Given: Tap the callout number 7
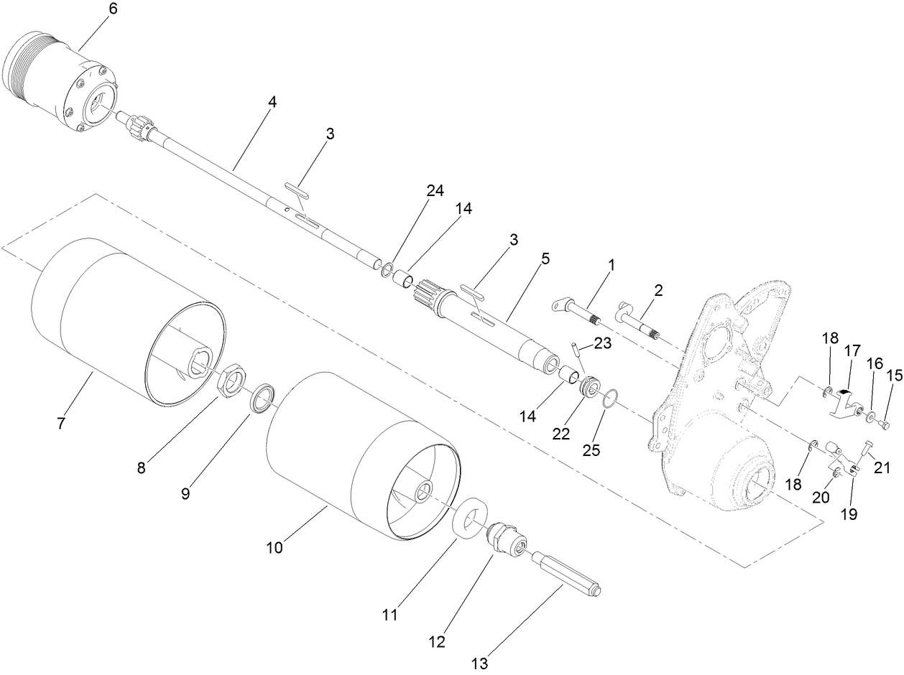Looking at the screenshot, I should (x=61, y=423).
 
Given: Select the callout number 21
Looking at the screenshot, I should (x=881, y=468).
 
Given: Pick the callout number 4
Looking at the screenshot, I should (x=272, y=102).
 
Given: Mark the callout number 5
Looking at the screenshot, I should (x=545, y=259).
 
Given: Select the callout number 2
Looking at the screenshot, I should (x=658, y=290).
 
